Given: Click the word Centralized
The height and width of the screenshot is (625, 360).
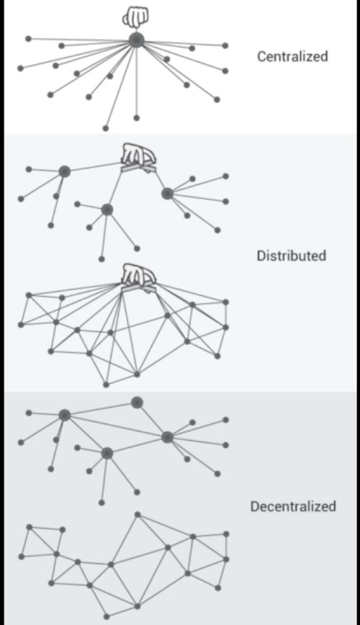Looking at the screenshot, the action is point(292,56).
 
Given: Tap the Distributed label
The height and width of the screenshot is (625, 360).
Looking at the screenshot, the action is point(292,256).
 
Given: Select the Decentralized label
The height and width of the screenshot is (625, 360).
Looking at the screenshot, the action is point(293,506).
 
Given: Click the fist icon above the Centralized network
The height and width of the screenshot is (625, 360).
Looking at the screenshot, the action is point(135,17).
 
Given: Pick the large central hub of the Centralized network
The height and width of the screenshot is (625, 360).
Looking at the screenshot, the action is point(136,40).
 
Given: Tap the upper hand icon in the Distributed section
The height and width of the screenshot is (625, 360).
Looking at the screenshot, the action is point(138,158).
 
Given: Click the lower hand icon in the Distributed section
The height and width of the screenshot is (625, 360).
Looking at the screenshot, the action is point(138,278).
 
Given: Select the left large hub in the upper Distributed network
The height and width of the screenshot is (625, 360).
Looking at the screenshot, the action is point(65,172).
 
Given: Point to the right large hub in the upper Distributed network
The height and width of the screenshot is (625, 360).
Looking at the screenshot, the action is point(168,194).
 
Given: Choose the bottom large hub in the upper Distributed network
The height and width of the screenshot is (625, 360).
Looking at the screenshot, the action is point(107,210).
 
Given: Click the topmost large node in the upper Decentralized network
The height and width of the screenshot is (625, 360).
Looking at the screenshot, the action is point(137,403).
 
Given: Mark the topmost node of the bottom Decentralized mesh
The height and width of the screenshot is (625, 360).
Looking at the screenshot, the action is point(138,515).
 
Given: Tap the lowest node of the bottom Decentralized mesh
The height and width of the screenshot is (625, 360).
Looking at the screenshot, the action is point(107,616).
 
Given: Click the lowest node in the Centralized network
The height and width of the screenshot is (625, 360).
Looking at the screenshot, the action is point(106,128).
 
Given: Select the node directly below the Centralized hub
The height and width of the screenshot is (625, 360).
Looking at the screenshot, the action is point(136,118).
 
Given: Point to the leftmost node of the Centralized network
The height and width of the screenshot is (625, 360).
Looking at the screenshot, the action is point(21,68).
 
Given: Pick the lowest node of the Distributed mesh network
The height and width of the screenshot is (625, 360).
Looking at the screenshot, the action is point(106,385).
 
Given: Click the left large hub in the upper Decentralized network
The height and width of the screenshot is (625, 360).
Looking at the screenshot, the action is point(65,415).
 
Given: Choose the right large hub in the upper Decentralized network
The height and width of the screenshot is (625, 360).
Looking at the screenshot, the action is point(168,437).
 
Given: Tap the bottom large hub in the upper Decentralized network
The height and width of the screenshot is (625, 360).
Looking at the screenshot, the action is point(107,453).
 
